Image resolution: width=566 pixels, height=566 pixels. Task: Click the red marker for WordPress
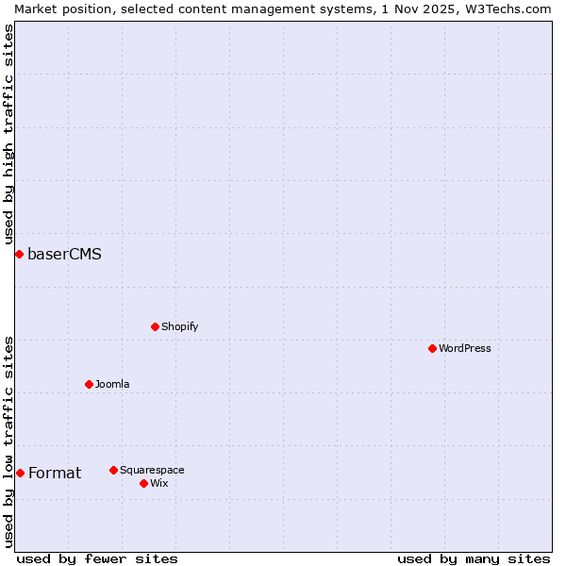click(432, 348)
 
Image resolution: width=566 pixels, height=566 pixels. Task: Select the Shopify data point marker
click(155, 326)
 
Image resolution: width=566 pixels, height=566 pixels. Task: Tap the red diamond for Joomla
click(89, 384)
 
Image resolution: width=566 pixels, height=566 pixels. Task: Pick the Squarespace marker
click(113, 470)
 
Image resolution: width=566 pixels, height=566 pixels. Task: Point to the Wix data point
click(143, 483)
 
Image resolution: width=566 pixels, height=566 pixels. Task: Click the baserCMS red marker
click(19, 254)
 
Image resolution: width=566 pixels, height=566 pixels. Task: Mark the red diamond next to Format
click(20, 473)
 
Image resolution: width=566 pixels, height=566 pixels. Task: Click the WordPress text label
click(465, 348)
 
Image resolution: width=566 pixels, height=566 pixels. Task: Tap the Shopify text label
click(179, 326)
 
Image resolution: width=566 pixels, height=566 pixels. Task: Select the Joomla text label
click(112, 384)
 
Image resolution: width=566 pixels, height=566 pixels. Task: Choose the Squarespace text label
click(152, 470)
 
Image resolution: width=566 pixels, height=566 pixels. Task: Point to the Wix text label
click(159, 483)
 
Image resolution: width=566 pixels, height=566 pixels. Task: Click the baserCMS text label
click(64, 254)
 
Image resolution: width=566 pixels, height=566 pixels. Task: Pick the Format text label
click(55, 473)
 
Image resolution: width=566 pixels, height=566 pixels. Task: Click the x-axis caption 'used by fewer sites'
click(97, 558)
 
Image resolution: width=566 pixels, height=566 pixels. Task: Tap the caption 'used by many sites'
click(474, 558)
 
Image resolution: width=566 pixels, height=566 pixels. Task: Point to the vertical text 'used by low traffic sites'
click(8, 441)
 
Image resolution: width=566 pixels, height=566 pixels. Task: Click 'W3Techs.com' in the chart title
click(506, 8)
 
